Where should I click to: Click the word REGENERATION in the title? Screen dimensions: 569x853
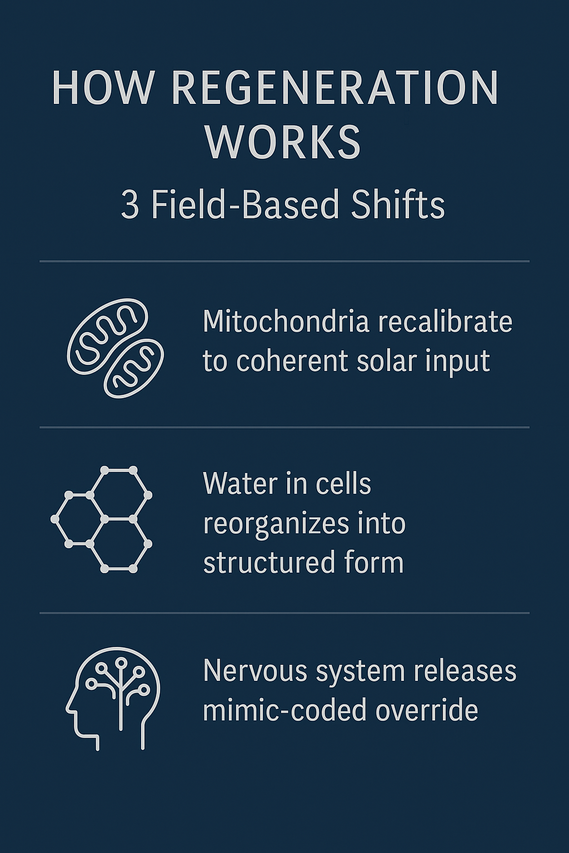point(336,87)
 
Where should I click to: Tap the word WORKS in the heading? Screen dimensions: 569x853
point(283,142)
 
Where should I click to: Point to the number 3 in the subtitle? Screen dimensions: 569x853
point(129,205)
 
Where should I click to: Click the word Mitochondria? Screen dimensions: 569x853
point(286,321)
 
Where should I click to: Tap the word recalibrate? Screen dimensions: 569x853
point(445,321)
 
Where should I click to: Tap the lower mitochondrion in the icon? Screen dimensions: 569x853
point(134,369)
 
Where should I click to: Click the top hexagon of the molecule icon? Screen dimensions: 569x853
point(118,494)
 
